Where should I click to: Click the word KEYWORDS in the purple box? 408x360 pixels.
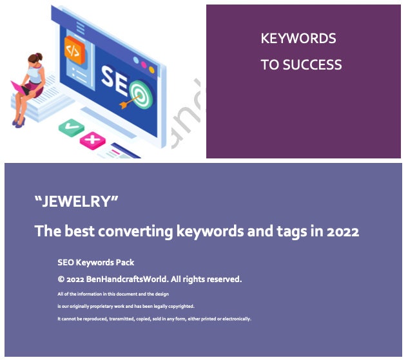tap(298, 39)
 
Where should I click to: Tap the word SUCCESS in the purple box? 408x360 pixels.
tap(312, 64)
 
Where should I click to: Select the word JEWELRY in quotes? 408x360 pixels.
tap(77, 201)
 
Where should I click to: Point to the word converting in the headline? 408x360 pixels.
tap(135, 231)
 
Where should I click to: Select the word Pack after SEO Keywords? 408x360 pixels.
tap(125, 262)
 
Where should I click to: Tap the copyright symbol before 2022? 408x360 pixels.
tap(61, 279)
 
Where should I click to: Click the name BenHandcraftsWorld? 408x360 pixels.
tap(127, 279)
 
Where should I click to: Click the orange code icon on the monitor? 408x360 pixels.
tap(74, 50)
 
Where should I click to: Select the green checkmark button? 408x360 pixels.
tap(72, 128)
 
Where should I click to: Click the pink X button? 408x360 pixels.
tap(93, 140)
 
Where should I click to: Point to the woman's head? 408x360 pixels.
tap(35, 58)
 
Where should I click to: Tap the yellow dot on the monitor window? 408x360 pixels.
tap(151, 70)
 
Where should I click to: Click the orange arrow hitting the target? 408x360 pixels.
tap(130, 101)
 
